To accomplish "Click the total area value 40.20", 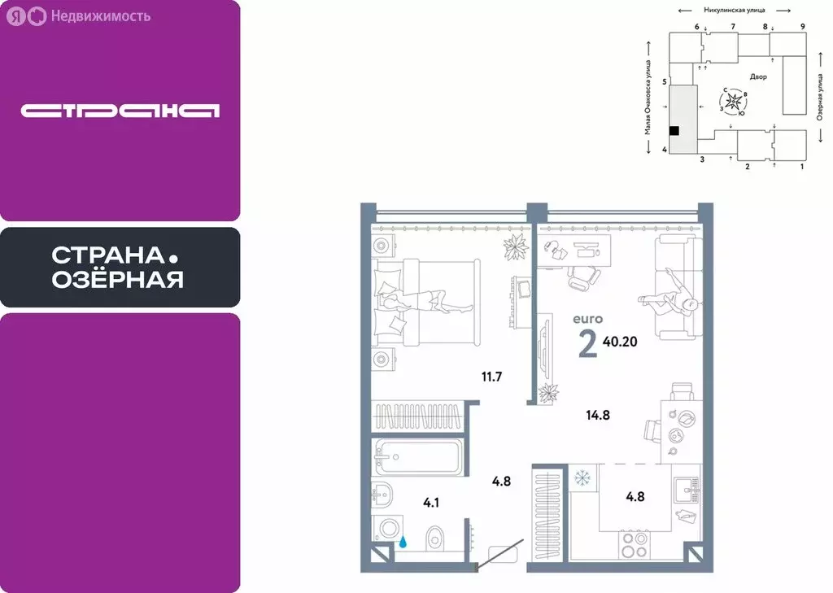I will pos(620,342).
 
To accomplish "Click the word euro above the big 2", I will pos(588,320).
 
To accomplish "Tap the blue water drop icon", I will pos(404,538).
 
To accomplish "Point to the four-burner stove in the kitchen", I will pos(635,545).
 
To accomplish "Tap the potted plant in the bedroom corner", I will pos(516,246).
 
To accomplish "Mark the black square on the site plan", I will pos(674,129).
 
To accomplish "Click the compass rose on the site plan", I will pos(735,102).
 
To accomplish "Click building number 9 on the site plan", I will pos(802,27).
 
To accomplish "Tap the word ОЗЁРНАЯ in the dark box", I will pos(117,281).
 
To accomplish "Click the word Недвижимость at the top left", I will pos(100,15).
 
